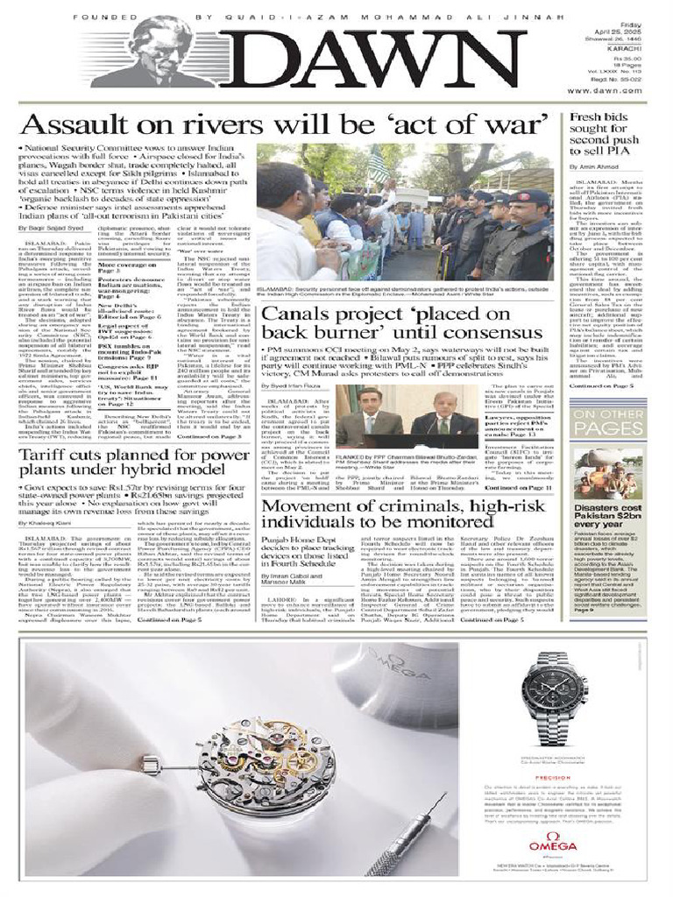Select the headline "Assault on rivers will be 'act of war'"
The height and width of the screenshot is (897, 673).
286,124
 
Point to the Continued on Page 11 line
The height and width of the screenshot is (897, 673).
518,487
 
